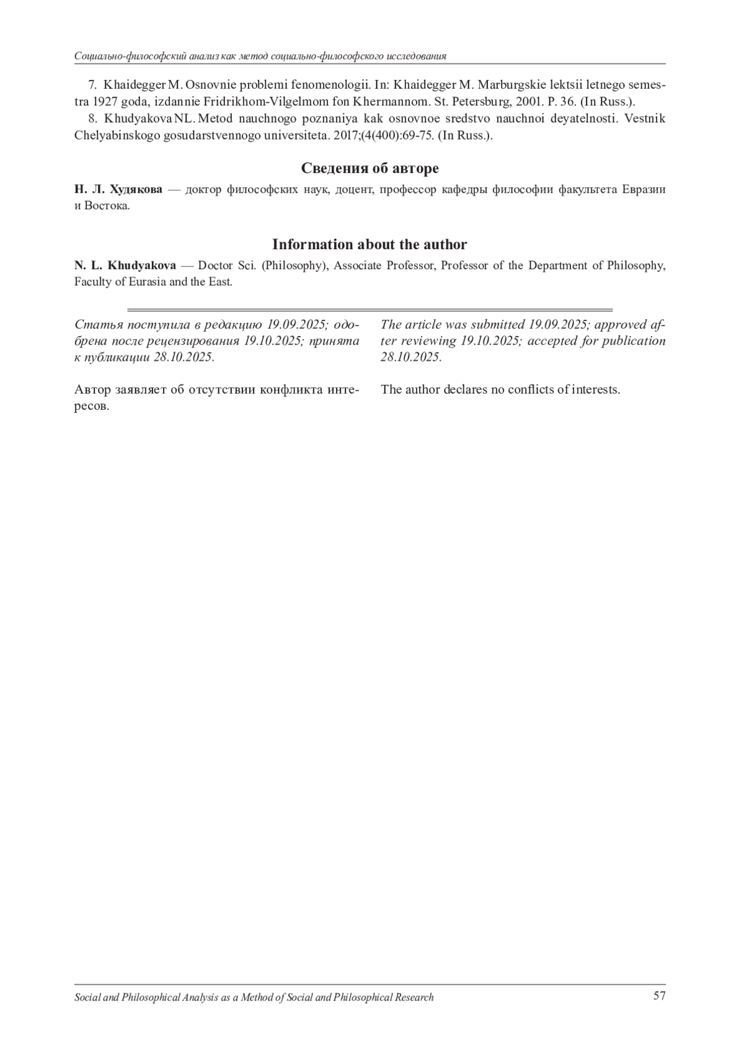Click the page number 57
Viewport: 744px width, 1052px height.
[659, 996]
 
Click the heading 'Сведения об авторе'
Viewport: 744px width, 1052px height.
[370, 168]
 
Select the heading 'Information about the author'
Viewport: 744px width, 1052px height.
[370, 244]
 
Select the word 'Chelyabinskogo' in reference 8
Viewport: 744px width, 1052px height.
[118, 135]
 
